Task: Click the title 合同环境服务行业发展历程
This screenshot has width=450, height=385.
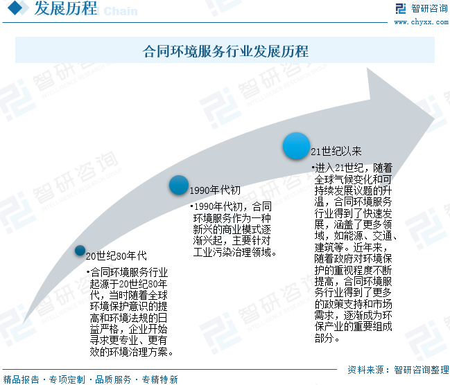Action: [x=225, y=51]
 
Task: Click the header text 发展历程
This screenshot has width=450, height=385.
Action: [x=66, y=10]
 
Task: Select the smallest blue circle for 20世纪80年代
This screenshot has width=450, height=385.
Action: [x=80, y=251]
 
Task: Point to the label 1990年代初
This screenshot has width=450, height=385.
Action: [x=215, y=190]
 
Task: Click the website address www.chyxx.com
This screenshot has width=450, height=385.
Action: [x=421, y=21]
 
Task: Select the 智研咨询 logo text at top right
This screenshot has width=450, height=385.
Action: [x=429, y=9]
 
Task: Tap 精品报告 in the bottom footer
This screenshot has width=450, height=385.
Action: [x=21, y=379]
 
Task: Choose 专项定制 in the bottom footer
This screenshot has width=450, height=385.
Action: [x=67, y=379]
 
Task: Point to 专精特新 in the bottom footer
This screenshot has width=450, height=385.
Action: [x=159, y=379]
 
